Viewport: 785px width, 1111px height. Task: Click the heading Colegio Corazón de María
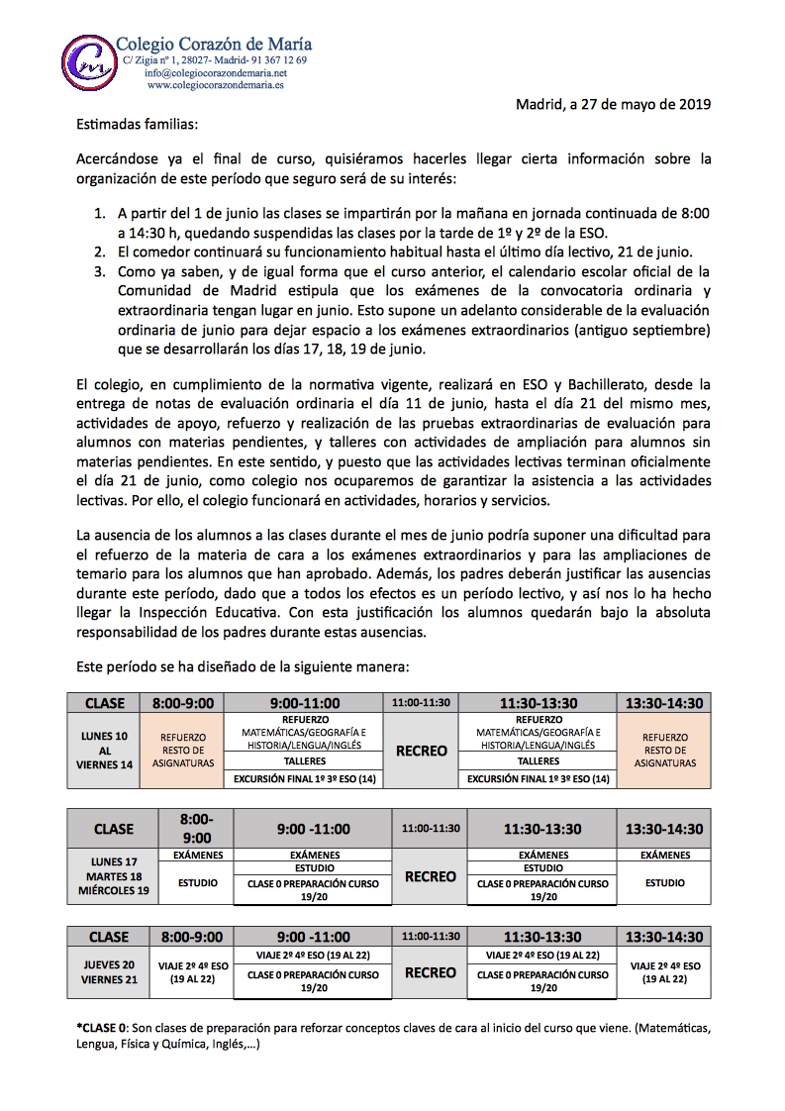pyautogui.click(x=214, y=44)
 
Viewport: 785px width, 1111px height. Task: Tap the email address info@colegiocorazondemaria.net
pyautogui.click(x=215, y=73)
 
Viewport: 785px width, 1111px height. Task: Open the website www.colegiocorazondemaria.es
pyautogui.click(x=215, y=86)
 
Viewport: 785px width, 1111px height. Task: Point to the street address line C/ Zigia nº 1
pyautogui.click(x=212, y=60)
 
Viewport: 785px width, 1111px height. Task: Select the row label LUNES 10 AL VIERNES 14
pyautogui.click(x=105, y=751)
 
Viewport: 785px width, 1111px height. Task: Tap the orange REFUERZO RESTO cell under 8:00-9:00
pyautogui.click(x=183, y=751)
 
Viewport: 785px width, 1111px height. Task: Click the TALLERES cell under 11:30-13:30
pyautogui.click(x=539, y=762)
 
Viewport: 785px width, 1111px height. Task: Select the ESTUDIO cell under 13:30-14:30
pyautogui.click(x=664, y=883)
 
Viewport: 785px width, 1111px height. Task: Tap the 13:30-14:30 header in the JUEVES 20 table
pyautogui.click(x=664, y=937)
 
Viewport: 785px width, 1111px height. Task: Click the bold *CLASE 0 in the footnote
pyautogui.click(x=102, y=1028)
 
